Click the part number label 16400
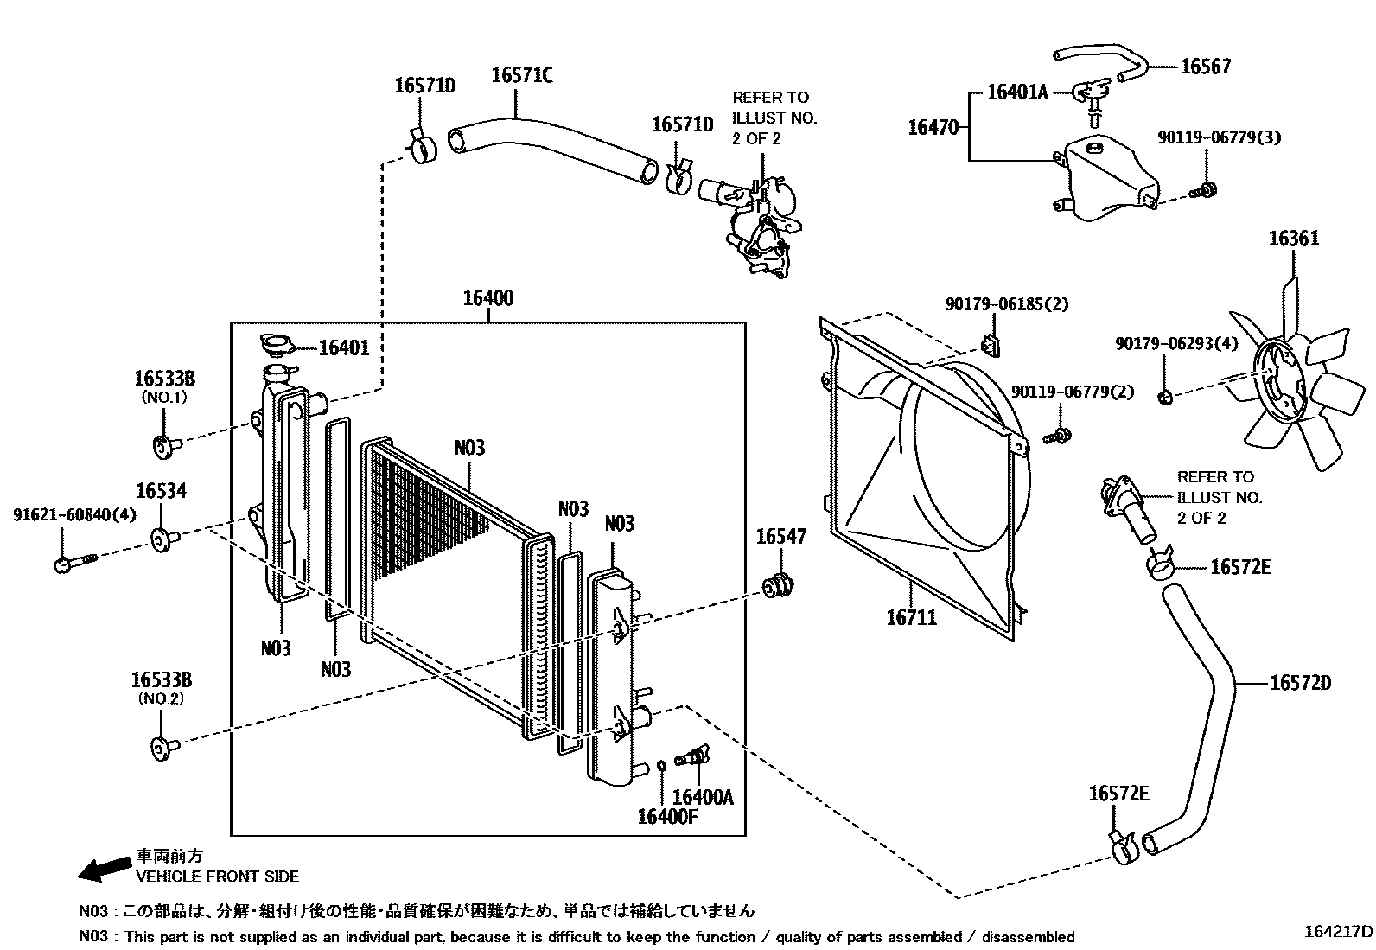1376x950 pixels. [487, 299]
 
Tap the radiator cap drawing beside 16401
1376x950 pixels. [277, 347]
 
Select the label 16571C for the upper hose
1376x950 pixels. [521, 75]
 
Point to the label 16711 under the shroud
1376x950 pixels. [911, 618]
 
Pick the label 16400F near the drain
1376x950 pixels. [666, 817]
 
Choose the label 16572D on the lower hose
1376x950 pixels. [1300, 683]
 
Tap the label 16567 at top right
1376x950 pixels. [1205, 67]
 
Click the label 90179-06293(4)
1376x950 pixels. [1175, 344]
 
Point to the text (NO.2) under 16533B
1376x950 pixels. [162, 698]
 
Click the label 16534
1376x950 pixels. [161, 491]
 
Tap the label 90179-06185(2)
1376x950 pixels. [1007, 304]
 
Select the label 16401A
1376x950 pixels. [1017, 92]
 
